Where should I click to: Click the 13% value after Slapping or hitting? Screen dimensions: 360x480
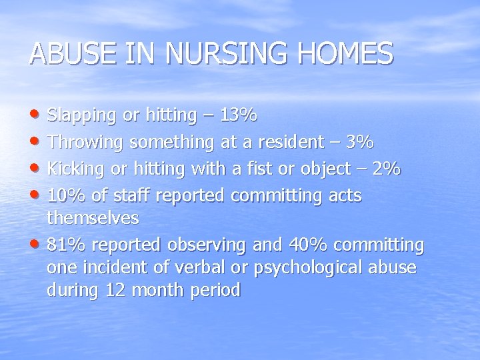[238, 116]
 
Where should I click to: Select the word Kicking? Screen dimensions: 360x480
[75, 169]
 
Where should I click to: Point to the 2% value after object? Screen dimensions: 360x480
[386, 169]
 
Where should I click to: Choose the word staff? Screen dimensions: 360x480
[127, 196]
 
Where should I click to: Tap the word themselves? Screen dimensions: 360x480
[93, 218]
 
